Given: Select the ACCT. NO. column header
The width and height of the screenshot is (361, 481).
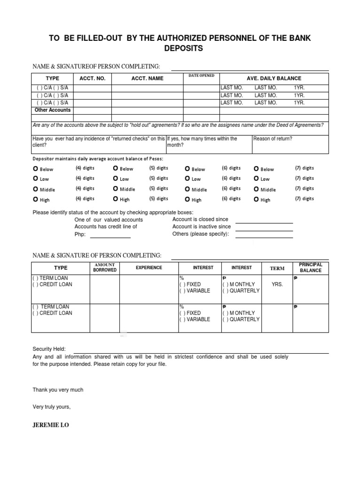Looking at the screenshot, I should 92,78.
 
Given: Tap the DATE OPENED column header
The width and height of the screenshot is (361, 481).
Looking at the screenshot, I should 201,76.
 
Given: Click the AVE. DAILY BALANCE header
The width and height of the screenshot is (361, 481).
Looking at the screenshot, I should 274,78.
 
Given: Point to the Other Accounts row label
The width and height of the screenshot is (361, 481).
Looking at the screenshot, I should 53,110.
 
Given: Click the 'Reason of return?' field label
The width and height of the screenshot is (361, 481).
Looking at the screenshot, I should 273,139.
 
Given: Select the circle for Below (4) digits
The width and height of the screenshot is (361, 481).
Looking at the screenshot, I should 36,169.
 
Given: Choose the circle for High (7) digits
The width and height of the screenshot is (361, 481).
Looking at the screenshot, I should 256,200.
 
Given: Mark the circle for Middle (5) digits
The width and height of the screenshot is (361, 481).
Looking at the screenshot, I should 116,189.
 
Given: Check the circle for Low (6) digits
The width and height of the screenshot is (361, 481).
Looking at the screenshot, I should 188,179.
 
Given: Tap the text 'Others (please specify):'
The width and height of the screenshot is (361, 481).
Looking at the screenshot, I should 201,234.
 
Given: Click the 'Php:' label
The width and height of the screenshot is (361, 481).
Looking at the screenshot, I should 80,234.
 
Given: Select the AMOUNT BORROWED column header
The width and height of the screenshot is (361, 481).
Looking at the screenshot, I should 104,268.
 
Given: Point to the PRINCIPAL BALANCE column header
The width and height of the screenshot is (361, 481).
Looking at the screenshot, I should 311,268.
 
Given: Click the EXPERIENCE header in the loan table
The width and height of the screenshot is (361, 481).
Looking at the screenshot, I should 149,268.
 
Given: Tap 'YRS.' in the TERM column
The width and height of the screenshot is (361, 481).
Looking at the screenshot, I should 277,285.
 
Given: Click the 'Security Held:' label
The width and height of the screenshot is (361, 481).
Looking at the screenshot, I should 49,349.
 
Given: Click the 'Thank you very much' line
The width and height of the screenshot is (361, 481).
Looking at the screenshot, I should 58,390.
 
